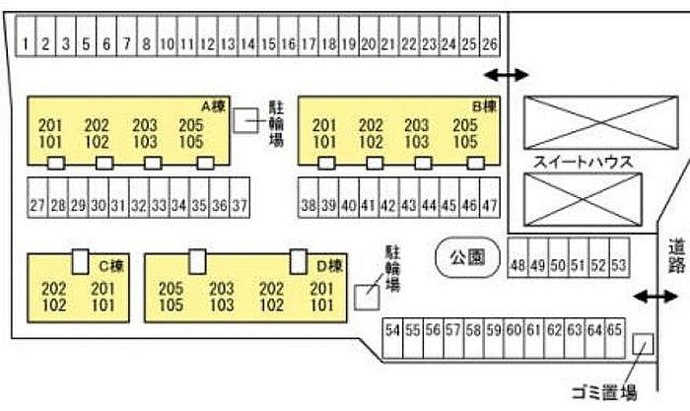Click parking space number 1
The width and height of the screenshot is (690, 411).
(27, 43)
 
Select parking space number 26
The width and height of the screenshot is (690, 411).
(490, 43)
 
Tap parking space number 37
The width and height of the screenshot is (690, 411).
(240, 205)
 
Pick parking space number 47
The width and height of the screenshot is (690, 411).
(490, 205)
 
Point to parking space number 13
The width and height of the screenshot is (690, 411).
(228, 43)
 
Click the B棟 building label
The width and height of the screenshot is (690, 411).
(484, 105)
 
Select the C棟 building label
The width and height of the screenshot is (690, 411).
(109, 239)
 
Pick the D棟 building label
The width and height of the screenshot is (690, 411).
(328, 239)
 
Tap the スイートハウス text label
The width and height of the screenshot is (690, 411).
(582, 162)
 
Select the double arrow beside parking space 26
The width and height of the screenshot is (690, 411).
(507, 75)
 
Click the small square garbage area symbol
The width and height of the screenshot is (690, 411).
(643, 317)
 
